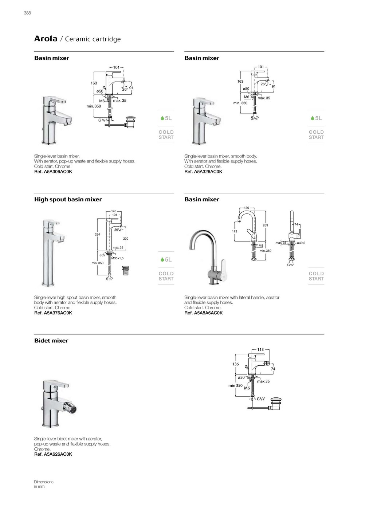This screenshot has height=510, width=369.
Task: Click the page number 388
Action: point(27,13)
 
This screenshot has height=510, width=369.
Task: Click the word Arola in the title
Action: point(46,39)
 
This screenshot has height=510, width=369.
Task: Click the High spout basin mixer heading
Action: point(68,199)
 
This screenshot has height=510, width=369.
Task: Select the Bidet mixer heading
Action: point(51,341)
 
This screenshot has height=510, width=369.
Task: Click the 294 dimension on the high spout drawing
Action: point(97,235)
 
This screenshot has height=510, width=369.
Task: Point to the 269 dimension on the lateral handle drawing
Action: point(265,225)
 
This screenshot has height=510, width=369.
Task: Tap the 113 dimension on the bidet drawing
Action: point(260,350)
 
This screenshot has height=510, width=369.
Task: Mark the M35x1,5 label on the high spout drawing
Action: point(118,258)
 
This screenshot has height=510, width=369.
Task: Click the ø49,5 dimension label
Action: point(301,243)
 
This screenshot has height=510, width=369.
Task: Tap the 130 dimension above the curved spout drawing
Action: point(247,208)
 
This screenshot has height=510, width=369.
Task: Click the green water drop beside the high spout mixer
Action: point(162,260)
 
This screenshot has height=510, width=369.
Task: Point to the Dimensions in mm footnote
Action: point(44,484)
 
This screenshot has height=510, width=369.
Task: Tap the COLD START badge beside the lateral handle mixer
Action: point(316,276)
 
